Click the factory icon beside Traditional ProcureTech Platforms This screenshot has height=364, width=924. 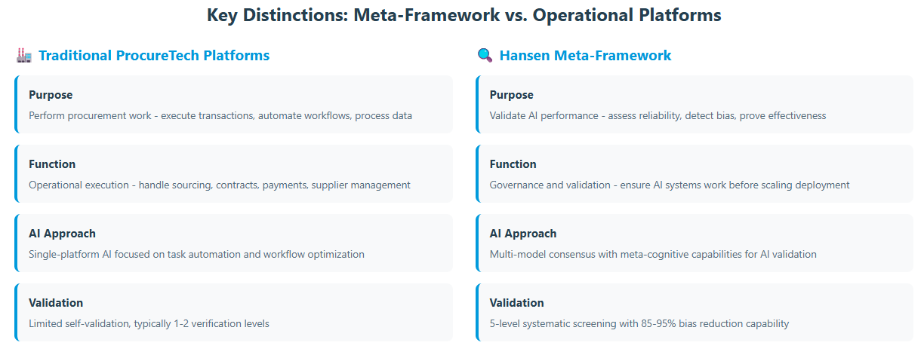[x=24, y=55]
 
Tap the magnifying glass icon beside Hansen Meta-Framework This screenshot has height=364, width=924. [x=485, y=55]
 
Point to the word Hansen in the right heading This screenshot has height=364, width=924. [x=525, y=55]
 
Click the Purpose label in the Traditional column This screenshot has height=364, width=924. [x=51, y=95]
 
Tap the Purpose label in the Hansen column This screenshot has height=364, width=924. [x=512, y=95]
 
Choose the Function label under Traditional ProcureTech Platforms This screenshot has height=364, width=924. [x=52, y=164]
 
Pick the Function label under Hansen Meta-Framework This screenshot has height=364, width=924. [x=513, y=164]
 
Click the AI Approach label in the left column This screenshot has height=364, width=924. [x=63, y=234]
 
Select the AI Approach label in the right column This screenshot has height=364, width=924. [x=523, y=234]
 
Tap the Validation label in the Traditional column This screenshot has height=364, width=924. [x=56, y=303]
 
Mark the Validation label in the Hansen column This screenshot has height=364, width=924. [x=516, y=303]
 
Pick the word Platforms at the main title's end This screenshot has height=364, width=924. [x=680, y=15]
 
